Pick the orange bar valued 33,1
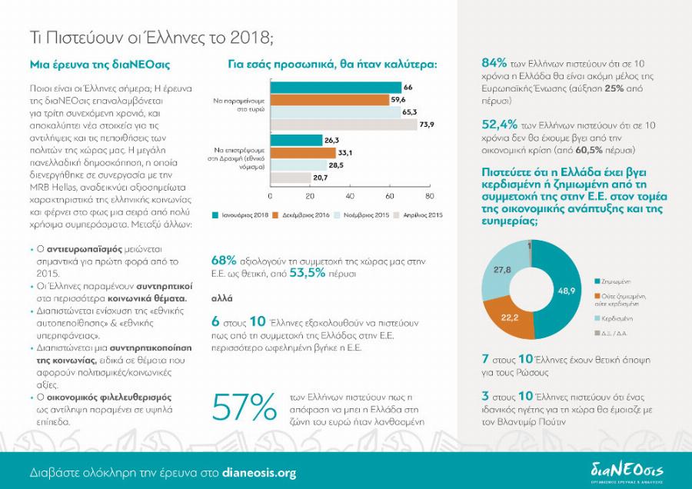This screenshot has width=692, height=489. click(x=302, y=152)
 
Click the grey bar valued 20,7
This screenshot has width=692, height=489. click(x=290, y=178)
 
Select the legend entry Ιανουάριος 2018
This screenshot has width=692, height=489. click(x=241, y=215)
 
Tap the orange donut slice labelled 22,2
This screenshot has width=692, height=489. click(x=513, y=316)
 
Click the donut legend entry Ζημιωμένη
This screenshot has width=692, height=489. click(x=612, y=281)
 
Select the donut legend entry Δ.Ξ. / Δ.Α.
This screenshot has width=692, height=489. click(x=613, y=333)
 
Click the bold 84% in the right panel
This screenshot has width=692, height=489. click(x=494, y=63)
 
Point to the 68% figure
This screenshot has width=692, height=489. click(x=223, y=261)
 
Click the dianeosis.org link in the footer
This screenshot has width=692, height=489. click(x=258, y=473)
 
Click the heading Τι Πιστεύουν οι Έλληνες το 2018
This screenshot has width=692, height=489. click(x=151, y=36)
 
